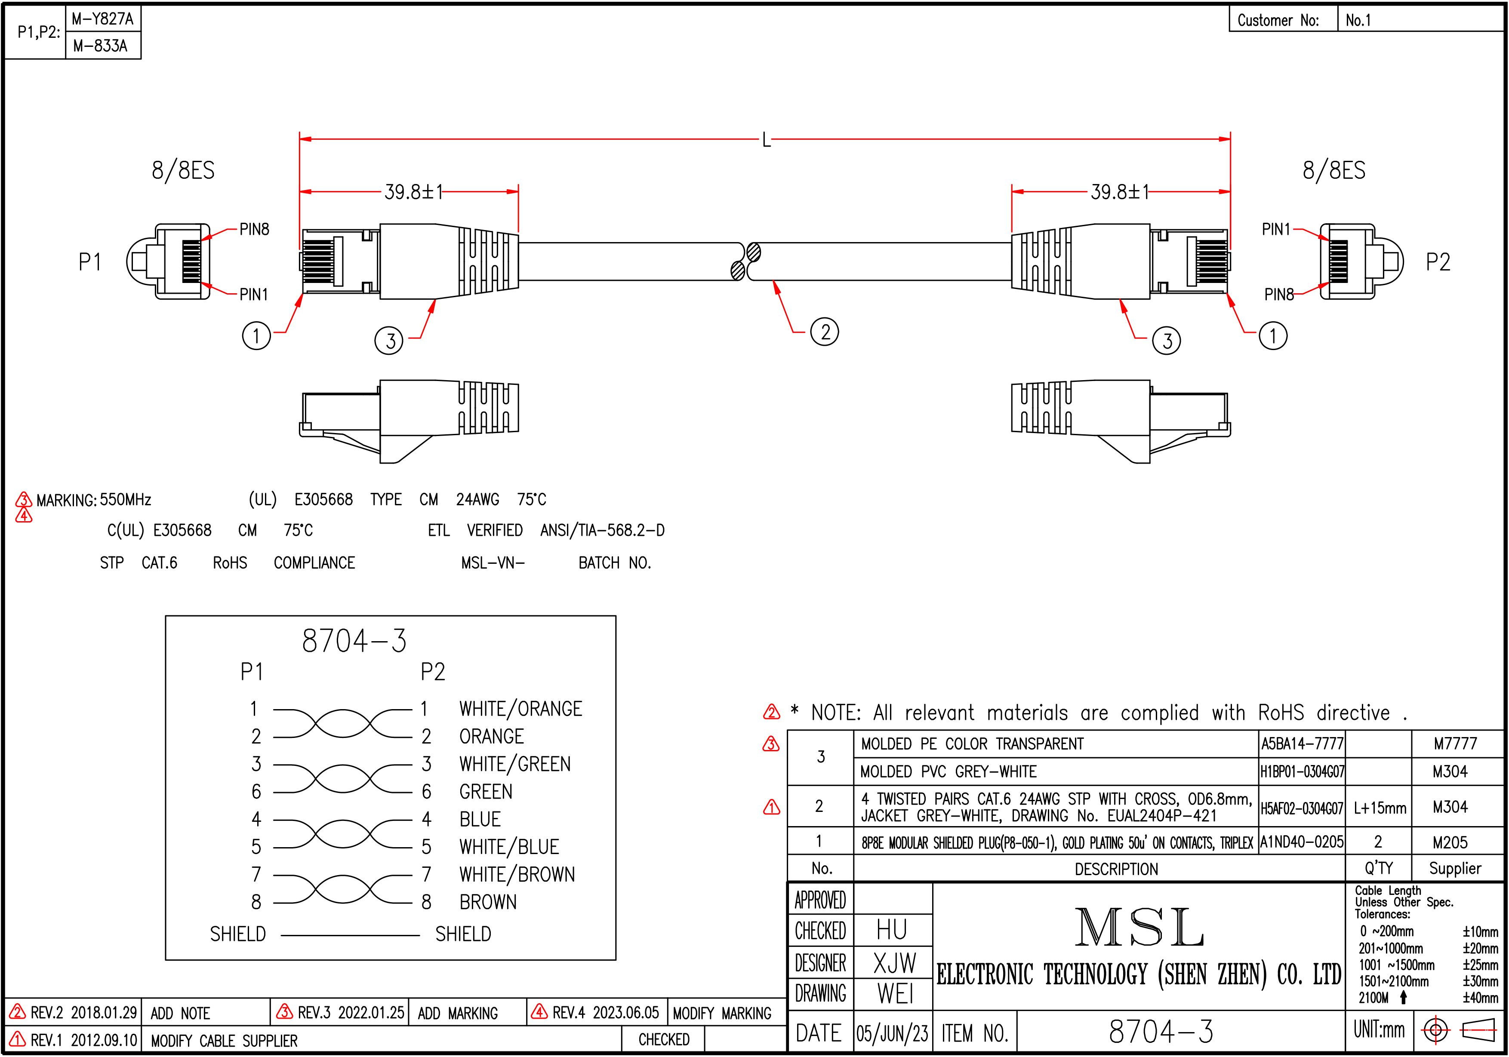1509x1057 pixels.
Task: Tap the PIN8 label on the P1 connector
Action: coord(254,229)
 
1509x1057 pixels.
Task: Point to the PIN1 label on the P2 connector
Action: coord(1276,229)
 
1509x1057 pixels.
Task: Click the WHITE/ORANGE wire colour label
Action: coord(520,709)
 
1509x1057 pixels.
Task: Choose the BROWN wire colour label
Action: coord(488,902)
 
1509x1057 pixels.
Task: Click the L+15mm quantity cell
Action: coord(1380,807)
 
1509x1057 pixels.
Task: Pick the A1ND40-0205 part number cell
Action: coord(1301,842)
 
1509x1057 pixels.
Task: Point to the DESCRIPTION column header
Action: coord(1116,869)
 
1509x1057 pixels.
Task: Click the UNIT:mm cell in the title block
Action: coord(1379,1029)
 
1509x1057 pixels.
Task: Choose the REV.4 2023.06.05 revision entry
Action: coord(605,1012)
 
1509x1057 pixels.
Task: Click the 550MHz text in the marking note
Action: coord(126,500)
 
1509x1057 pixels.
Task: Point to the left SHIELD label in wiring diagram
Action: coord(238,934)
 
